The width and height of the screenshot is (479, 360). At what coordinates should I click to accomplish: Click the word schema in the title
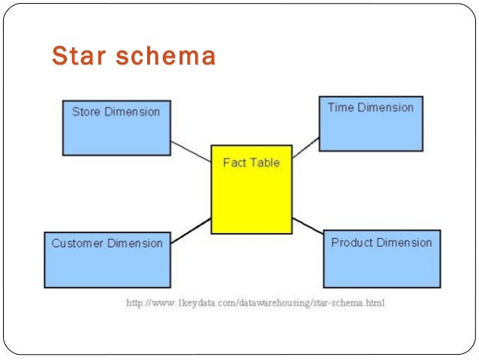pyautogui.click(x=166, y=56)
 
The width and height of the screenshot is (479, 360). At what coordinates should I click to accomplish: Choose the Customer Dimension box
pyautogui.click(x=107, y=260)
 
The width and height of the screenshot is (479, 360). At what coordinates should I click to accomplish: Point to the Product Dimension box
pyautogui.click(x=381, y=259)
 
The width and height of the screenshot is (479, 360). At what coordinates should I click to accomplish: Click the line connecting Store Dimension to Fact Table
pyautogui.click(x=191, y=151)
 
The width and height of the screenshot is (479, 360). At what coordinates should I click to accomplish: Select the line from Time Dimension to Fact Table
pyautogui.click(x=306, y=148)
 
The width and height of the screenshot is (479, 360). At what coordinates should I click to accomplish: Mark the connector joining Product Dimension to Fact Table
pyautogui.click(x=308, y=226)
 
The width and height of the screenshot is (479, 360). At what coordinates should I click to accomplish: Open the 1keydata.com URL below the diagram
pyautogui.click(x=255, y=303)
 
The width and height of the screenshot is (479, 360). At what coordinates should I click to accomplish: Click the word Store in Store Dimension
pyautogui.click(x=86, y=112)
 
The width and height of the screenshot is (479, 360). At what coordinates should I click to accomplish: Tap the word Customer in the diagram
pyautogui.click(x=76, y=244)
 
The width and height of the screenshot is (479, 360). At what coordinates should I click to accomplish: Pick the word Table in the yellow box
pyautogui.click(x=265, y=162)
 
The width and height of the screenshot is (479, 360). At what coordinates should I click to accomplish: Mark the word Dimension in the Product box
pyautogui.click(x=405, y=243)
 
